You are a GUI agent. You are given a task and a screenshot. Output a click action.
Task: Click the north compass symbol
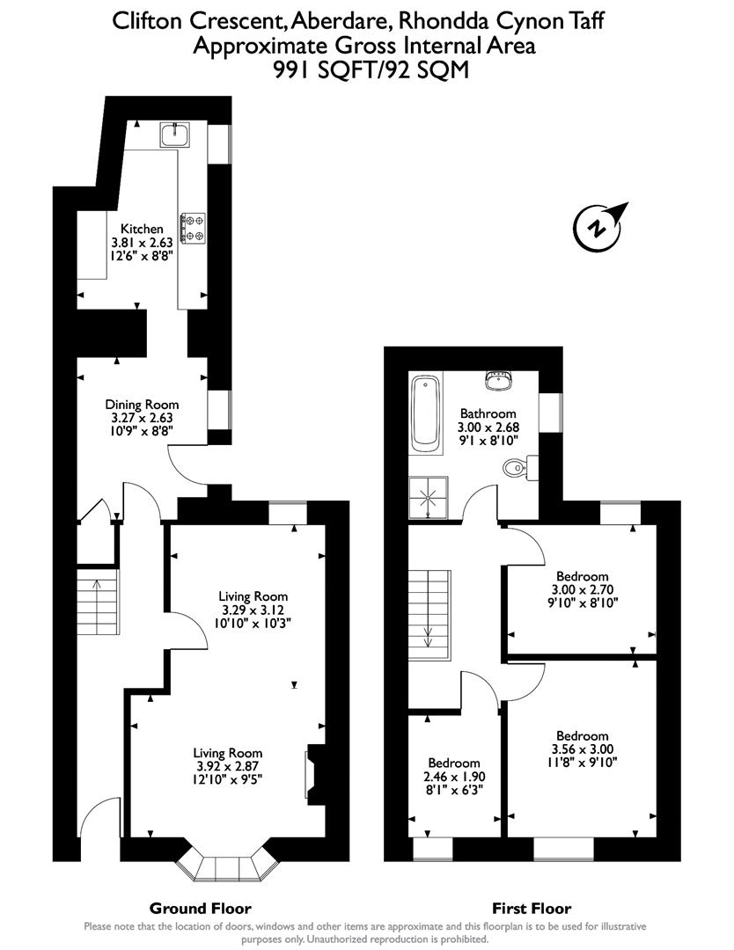pos(599,226)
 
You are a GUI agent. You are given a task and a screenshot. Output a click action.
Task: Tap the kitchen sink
pos(173,135)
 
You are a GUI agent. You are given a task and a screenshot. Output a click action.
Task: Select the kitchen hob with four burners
pos(192,227)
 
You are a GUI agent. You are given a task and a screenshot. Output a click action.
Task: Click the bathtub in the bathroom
pos(425,412)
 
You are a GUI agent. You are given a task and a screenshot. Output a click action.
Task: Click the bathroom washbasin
pos(498,380)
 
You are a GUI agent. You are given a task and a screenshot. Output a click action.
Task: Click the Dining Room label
pos(142,405)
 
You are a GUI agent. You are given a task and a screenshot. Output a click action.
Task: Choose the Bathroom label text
pos(488,413)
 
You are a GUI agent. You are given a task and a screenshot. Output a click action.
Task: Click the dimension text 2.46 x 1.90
pos(454,777)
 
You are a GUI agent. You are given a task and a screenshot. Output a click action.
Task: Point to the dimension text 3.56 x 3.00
pos(582,749)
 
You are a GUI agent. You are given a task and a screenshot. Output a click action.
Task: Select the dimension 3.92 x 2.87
pos(228,766)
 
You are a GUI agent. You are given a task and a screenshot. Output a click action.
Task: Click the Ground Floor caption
pos(200,909)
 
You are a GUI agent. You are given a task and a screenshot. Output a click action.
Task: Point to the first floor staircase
pos(429,610)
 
